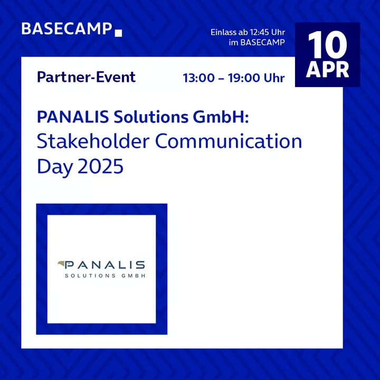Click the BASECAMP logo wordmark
pyautogui.click(x=66, y=29)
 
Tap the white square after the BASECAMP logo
pyautogui.click(x=118, y=33)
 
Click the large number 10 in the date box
pyautogui.click(x=327, y=45)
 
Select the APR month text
pyautogui.click(x=327, y=70)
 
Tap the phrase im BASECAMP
pyautogui.click(x=257, y=42)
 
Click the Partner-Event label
pyautogui.click(x=86, y=77)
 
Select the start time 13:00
pyautogui.click(x=199, y=78)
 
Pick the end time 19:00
pyautogui.click(x=243, y=78)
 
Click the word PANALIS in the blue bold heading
pyautogui.click(x=73, y=117)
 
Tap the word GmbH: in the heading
pyautogui.click(x=221, y=117)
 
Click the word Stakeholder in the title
pyautogui.click(x=93, y=141)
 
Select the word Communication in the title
pyautogui.click(x=229, y=141)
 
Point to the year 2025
pyautogui.click(x=101, y=166)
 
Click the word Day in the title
pyautogui.click(x=55, y=167)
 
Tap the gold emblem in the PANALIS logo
pyautogui.click(x=61, y=264)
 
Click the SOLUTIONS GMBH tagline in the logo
pyautogui.click(x=105, y=276)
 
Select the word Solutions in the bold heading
pyautogui.click(x=151, y=117)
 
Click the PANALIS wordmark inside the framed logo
pyautogui.click(x=104, y=265)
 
